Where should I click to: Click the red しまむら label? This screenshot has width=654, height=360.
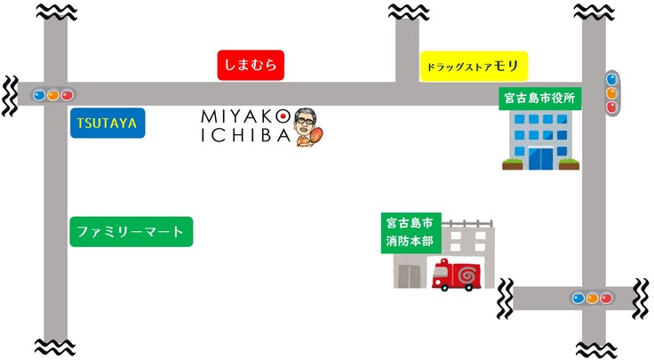(x=251, y=65)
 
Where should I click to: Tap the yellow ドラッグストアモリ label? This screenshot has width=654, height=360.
(x=474, y=66)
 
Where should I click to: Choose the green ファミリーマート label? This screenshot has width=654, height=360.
(x=131, y=232)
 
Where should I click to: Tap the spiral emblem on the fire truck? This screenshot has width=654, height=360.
(x=465, y=278)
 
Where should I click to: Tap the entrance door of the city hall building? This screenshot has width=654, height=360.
(x=540, y=158)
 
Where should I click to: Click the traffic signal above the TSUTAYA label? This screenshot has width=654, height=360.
(x=52, y=94)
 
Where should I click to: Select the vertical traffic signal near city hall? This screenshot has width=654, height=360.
(x=611, y=92)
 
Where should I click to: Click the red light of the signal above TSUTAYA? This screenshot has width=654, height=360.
(x=67, y=94)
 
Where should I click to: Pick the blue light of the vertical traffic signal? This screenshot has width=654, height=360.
(x=611, y=79)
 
